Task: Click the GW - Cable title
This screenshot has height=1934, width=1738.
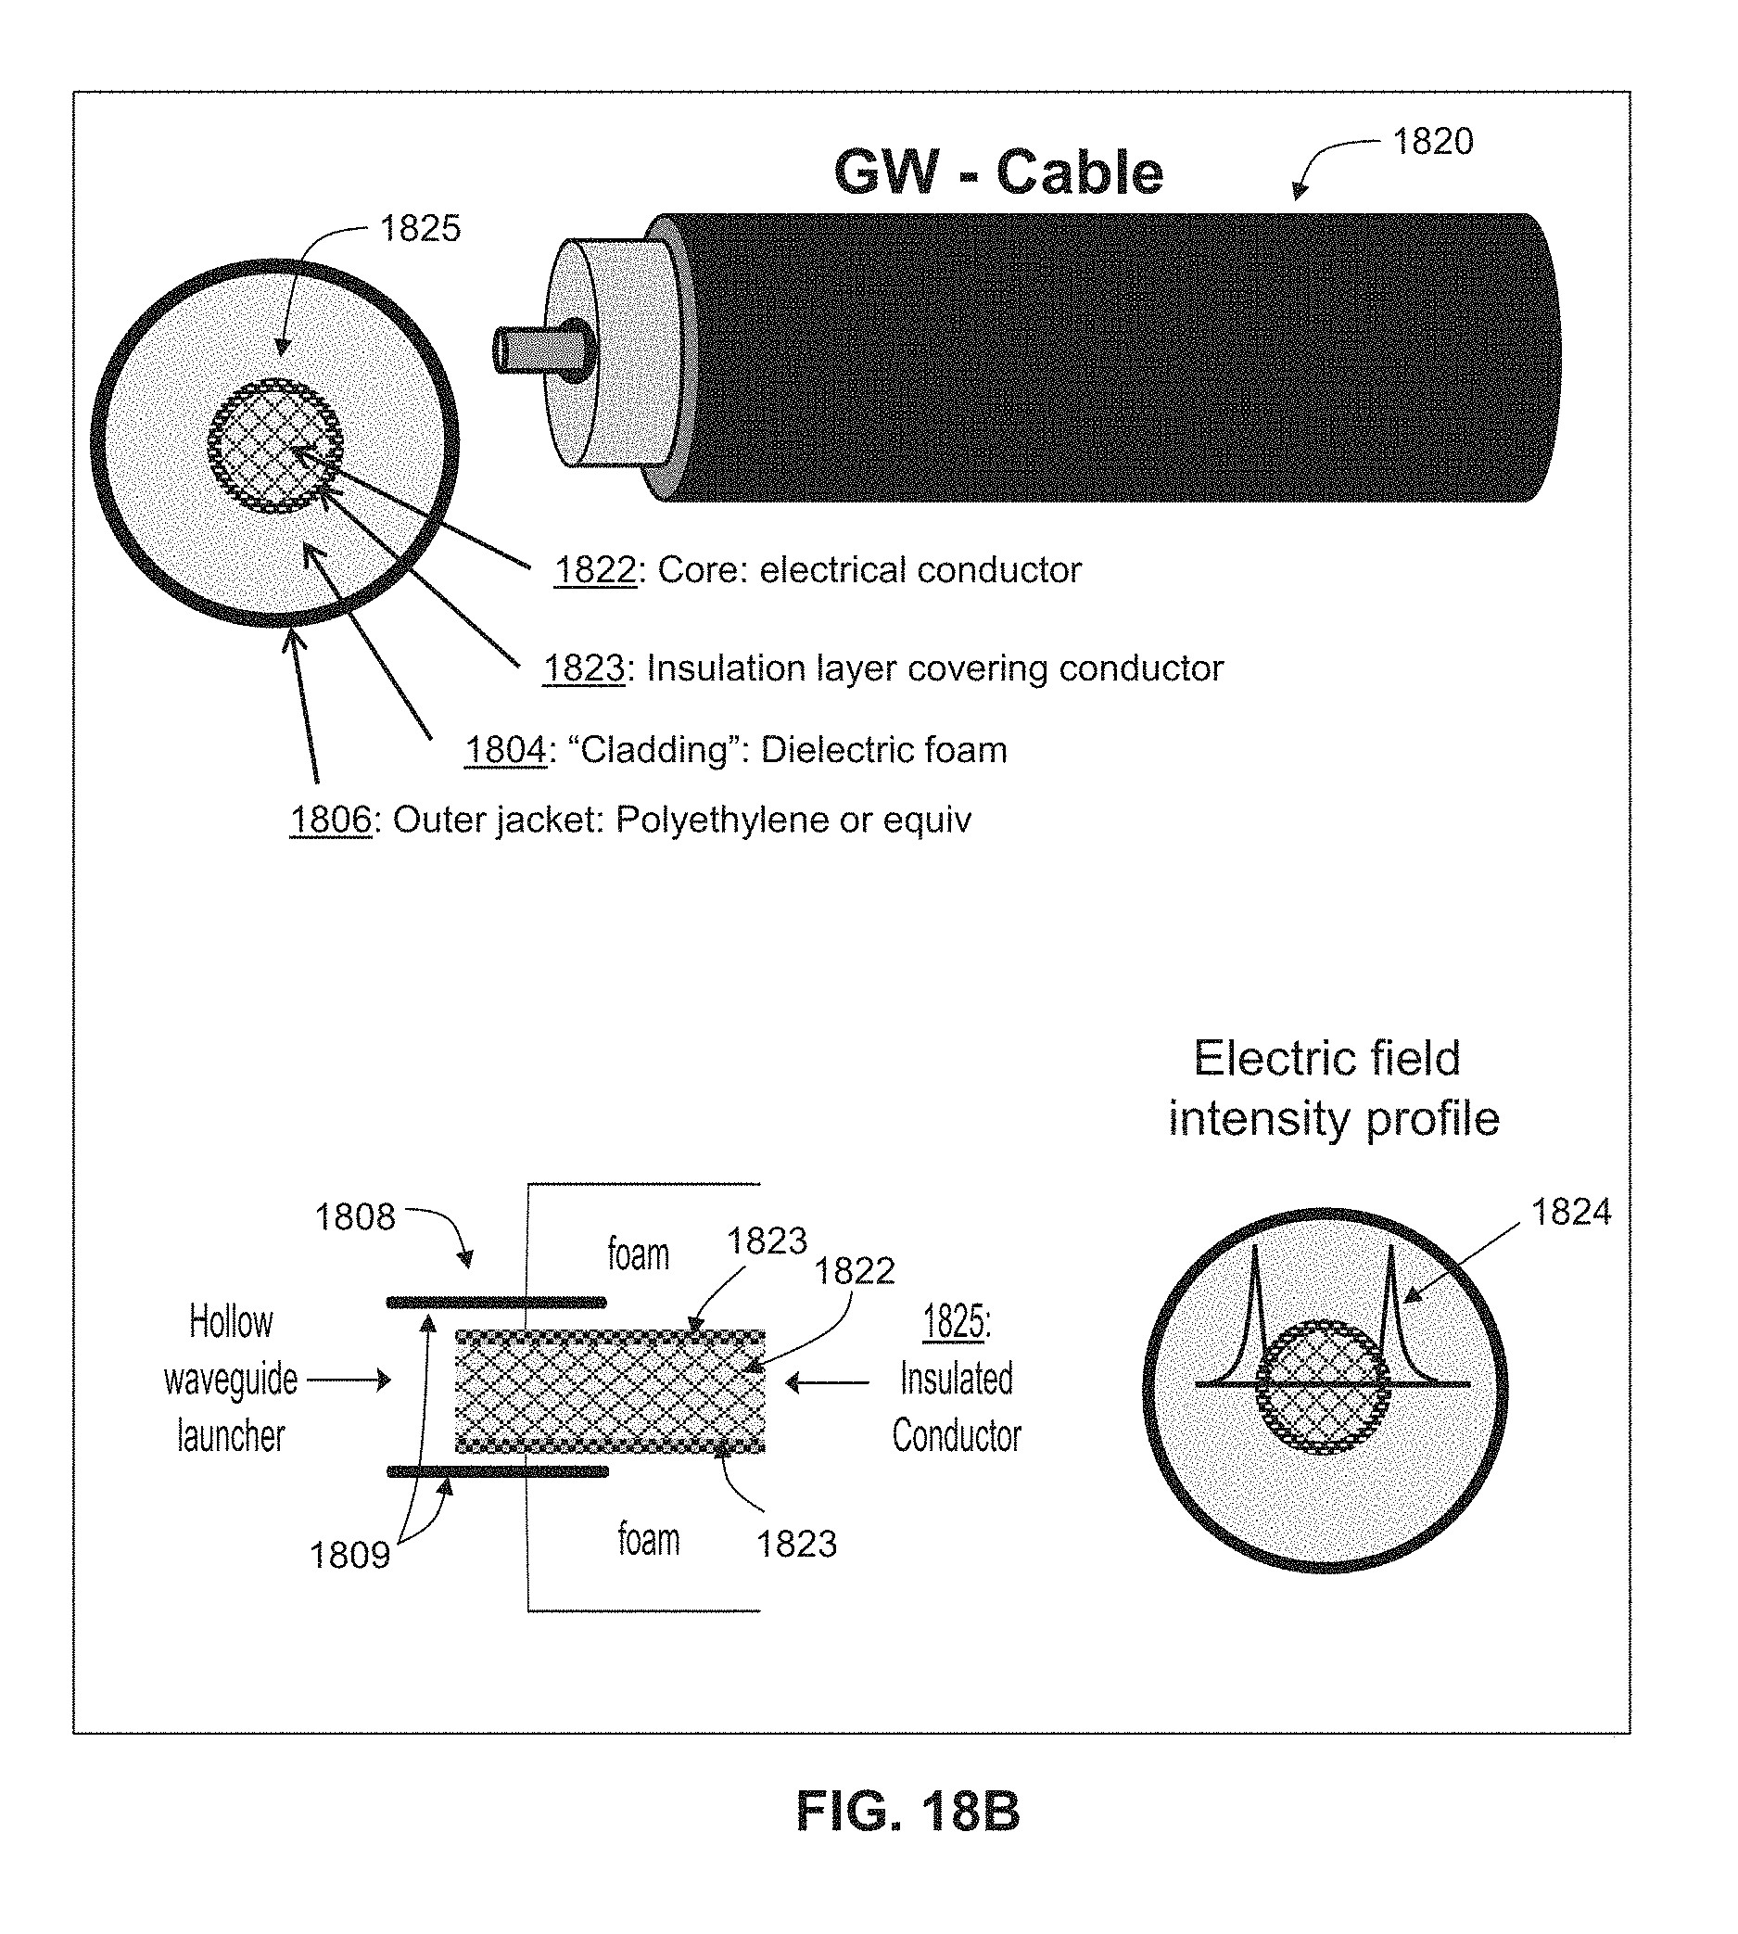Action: [x=998, y=172]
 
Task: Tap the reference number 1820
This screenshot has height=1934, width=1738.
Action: [x=1432, y=141]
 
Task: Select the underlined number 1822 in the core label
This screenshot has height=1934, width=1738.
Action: [x=595, y=570]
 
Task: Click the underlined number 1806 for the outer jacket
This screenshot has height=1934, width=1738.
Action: [x=330, y=820]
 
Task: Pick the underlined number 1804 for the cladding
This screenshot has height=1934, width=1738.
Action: [x=506, y=750]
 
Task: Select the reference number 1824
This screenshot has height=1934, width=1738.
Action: [x=1571, y=1212]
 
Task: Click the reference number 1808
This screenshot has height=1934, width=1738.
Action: [x=355, y=1216]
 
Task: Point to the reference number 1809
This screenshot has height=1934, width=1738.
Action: [x=349, y=1556]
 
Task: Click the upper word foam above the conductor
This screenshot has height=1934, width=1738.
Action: [x=638, y=1254]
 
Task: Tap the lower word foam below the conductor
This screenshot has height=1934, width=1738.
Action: [x=649, y=1540]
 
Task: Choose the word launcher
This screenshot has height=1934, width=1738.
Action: [x=231, y=1435]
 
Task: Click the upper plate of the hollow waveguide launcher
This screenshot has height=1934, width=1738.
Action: [x=497, y=1302]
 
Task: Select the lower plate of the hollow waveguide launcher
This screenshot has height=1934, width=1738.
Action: [x=498, y=1471]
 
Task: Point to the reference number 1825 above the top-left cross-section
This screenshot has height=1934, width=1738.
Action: [x=420, y=228]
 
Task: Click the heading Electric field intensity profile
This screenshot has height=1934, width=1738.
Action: [x=1333, y=1088]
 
